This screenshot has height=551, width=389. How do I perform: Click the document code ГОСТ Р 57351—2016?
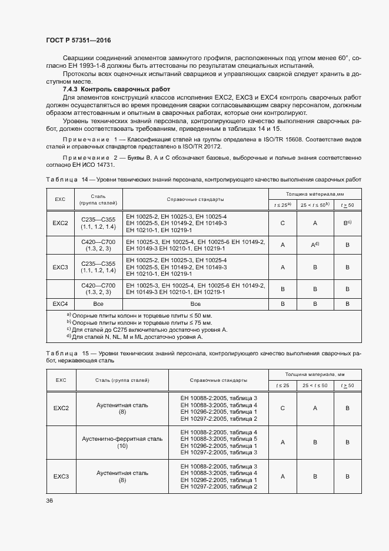(78, 40)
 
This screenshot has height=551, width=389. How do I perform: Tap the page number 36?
(49, 501)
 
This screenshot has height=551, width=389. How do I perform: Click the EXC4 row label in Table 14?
(61, 303)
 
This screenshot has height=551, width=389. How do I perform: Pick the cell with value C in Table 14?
(283, 224)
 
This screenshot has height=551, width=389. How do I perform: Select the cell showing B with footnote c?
(347, 224)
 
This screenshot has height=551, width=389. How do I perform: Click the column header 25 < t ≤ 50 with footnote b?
(315, 204)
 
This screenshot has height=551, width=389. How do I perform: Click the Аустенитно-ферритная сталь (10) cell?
(122, 443)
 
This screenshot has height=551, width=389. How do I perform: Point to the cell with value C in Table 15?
(283, 408)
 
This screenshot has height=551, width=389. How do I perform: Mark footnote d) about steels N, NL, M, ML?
(134, 336)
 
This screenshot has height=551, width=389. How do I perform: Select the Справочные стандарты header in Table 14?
(195, 199)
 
